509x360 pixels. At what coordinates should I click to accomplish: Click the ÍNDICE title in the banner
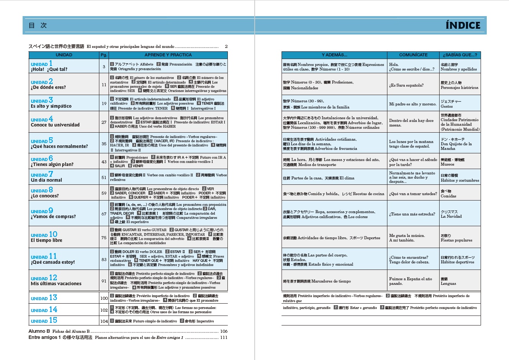coord(463,25)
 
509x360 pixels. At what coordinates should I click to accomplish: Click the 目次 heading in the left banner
coord(38,25)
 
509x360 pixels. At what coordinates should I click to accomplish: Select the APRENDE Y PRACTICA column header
coord(168,55)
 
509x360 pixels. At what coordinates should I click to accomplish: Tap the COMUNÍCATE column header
coord(413,55)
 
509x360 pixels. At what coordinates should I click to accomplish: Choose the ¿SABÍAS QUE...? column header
coord(460,55)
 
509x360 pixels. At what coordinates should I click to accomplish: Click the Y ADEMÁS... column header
coord(334,55)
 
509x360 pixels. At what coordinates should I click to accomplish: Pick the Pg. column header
coord(104,55)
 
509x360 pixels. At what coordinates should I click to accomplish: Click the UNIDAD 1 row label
coord(42,64)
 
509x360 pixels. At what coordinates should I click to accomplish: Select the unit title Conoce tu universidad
coord(55,125)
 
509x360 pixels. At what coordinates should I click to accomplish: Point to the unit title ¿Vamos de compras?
coord(53,217)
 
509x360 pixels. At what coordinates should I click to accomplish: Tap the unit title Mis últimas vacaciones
coord(56,284)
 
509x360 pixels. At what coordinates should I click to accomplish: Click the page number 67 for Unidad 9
coord(104,214)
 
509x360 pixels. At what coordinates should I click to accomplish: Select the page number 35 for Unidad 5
coord(104,144)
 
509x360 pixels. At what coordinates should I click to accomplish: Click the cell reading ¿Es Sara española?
coord(406,85)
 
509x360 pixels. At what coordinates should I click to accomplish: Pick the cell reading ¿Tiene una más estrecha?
coord(412,214)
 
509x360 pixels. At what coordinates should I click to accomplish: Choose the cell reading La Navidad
coord(451,217)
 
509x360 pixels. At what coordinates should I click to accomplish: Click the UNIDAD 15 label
coord(44,321)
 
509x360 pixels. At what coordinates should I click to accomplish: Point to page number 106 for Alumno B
coord(224,331)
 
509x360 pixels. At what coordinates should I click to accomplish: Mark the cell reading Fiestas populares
coord(456,240)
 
